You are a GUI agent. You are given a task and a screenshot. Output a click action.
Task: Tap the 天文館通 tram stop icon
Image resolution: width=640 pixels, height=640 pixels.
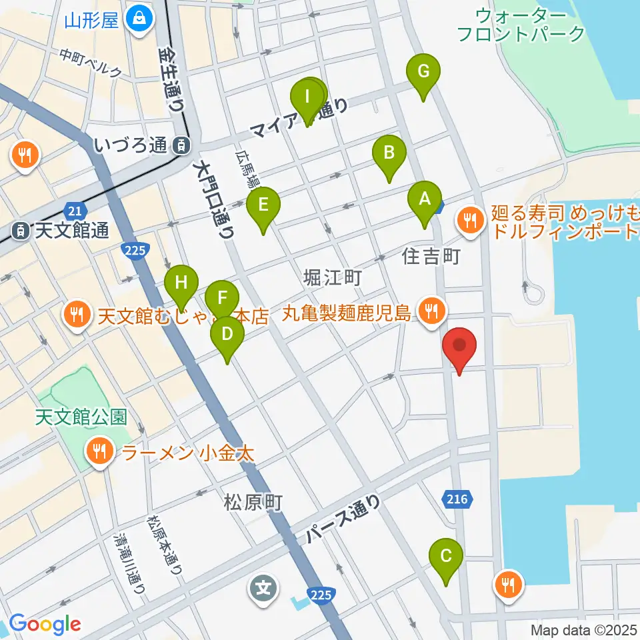[21, 231]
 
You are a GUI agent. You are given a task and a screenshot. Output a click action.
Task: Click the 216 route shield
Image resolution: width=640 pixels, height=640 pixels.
[457, 498]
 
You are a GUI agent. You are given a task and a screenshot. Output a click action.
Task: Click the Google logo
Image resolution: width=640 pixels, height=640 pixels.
[45, 624]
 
